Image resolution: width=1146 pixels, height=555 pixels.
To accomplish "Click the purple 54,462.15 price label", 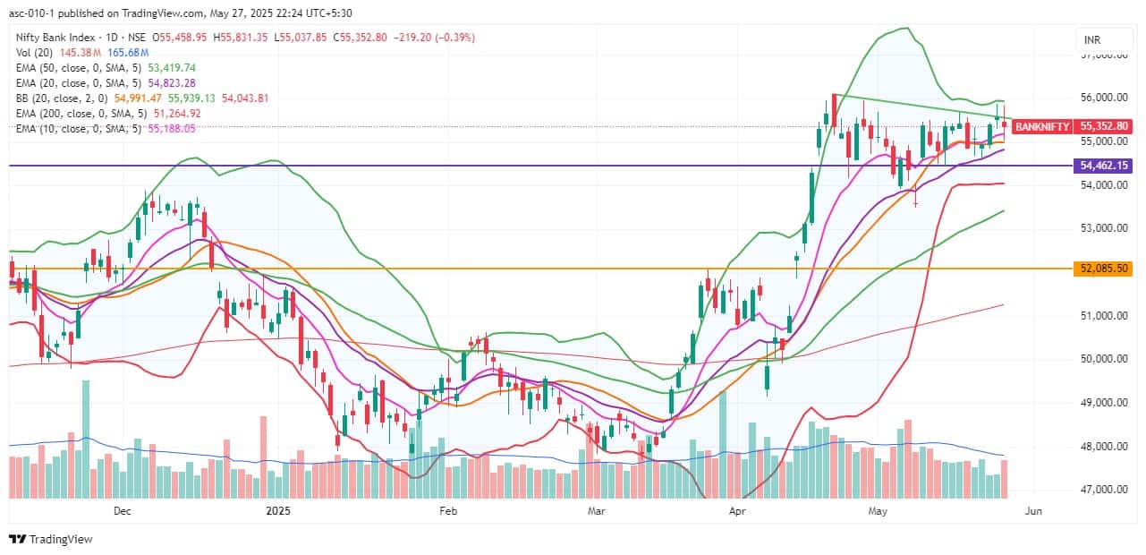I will pos(1105,166).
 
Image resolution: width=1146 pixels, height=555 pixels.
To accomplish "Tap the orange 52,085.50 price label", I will pos(1105,269).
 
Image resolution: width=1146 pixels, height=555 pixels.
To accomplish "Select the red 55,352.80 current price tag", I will pos(1105,127).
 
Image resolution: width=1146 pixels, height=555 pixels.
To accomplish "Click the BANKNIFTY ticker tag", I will pos(1042,127).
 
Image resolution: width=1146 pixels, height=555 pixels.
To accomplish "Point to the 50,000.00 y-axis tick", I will pos(1105,359).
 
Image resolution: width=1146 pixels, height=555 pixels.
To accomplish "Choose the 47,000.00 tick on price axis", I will pos(1105,490).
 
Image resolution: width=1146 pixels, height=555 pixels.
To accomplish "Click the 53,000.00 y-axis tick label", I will pos(1105,228).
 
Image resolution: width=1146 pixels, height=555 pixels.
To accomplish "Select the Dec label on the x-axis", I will pos(122,511).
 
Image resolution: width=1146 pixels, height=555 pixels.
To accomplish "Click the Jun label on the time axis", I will pos(1032,511).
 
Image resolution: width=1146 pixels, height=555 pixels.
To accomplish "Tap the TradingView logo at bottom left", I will pos(50,539).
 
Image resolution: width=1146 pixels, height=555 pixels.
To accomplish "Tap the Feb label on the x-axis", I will pos(448,511).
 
